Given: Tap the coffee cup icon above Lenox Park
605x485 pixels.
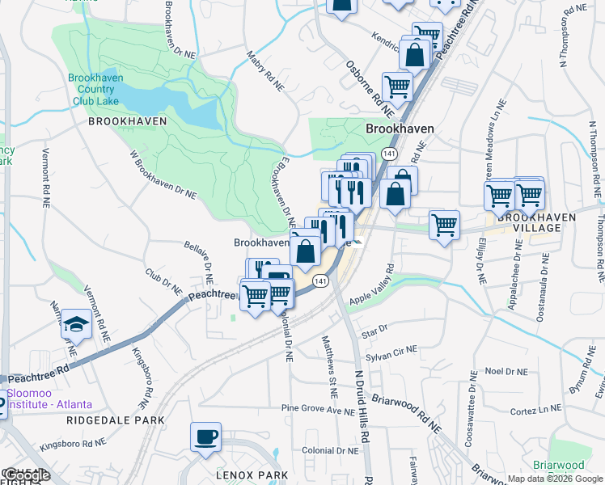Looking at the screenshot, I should tap(205, 437).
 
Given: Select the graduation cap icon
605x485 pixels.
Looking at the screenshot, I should tap(76, 324).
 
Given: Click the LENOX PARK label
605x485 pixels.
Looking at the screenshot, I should tap(247, 475).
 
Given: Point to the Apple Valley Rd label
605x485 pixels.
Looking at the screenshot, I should tap(370, 285).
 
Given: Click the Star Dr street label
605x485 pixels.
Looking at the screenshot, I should tap(375, 331).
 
